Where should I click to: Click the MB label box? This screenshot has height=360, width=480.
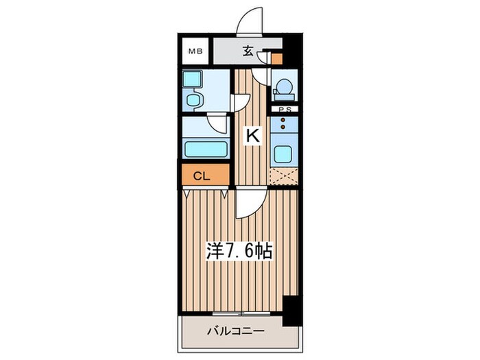point(196,51)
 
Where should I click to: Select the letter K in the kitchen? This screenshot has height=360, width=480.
point(252,136)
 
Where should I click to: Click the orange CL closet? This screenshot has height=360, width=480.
point(201,176)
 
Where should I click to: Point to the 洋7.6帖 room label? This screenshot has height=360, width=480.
point(240,251)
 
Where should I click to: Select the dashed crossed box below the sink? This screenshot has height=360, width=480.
point(283,176)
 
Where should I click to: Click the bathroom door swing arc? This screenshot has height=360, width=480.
point(217,125)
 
